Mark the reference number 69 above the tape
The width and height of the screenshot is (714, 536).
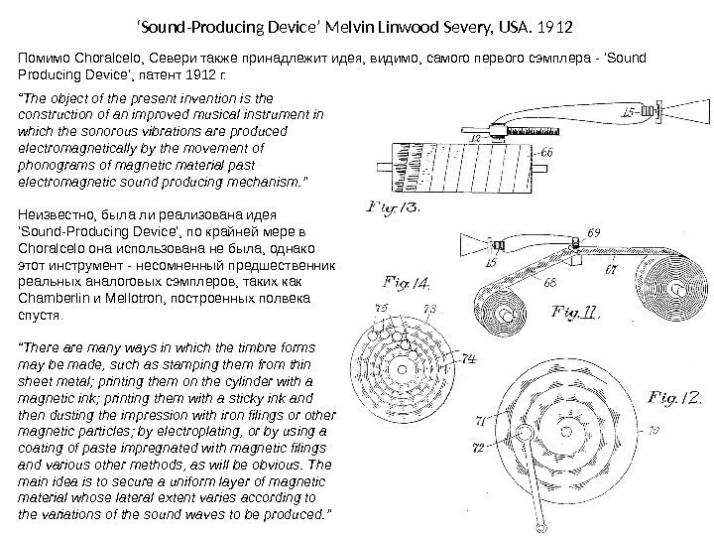[593, 232]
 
